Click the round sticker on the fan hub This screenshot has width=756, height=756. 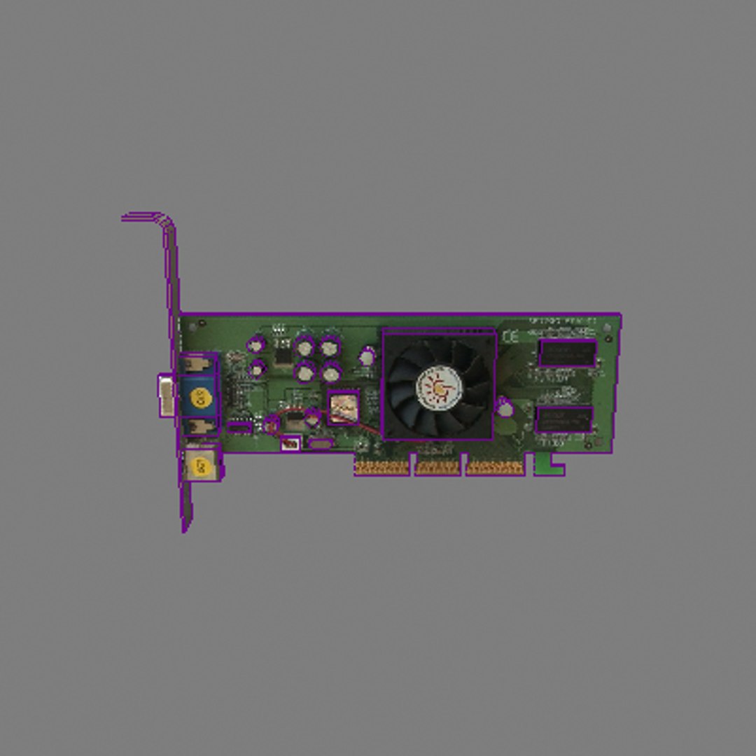tap(440, 386)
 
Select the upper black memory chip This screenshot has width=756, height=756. tap(567, 353)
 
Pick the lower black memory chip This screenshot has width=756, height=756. tap(564, 419)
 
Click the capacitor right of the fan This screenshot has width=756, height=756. tap(504, 407)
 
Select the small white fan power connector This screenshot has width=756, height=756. tap(290, 443)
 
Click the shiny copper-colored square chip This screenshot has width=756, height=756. tap(343, 407)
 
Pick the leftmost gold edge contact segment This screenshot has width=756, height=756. tap(382, 468)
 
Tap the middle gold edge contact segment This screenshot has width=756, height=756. tap(437, 468)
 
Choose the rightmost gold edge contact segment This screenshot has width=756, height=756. tap(495, 468)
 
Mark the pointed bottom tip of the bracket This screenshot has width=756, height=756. tap(185, 526)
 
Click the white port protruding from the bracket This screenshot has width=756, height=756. tap(166, 395)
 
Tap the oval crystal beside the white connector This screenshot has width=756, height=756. tap(321, 444)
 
